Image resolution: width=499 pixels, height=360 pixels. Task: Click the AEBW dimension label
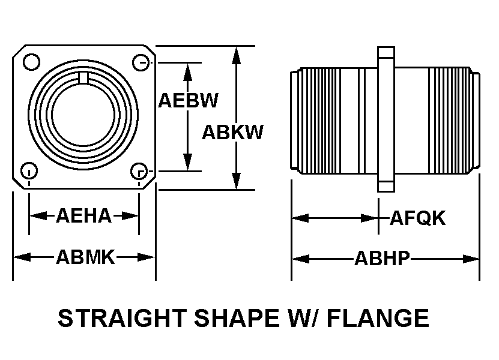(x=188, y=100)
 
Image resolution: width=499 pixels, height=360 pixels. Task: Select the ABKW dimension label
(x=232, y=132)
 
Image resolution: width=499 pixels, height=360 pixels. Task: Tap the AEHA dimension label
(x=83, y=215)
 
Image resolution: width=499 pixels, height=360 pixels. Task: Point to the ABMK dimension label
(x=85, y=257)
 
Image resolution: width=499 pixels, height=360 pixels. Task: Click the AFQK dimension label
(x=418, y=218)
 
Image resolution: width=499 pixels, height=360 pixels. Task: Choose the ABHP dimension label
(x=382, y=259)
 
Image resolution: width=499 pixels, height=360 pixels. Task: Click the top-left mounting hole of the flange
(x=31, y=61)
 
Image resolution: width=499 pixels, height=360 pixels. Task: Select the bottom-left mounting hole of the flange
(x=29, y=171)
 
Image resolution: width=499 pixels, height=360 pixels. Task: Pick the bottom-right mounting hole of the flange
(x=139, y=171)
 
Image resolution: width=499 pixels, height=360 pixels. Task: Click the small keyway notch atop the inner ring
(x=85, y=76)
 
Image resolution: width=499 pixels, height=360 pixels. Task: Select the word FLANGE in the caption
(x=380, y=318)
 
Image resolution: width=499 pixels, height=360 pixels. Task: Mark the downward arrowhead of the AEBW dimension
(x=188, y=161)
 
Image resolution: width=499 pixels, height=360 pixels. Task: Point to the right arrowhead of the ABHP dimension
(x=472, y=259)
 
